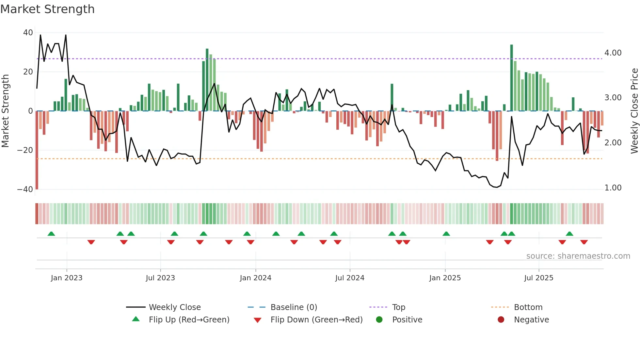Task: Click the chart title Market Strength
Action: click(47, 9)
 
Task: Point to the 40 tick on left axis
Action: click(28, 33)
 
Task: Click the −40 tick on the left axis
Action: click(25, 189)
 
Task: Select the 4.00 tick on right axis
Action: click(613, 53)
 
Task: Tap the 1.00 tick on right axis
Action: click(613, 188)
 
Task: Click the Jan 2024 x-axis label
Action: click(255, 278)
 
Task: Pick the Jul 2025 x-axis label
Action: click(538, 278)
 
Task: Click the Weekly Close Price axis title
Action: click(634, 111)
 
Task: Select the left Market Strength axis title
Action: click(5, 111)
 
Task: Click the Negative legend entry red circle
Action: click(501, 320)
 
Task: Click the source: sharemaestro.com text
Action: click(578, 256)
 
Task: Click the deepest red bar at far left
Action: click(37, 150)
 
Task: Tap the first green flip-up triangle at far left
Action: click(51, 234)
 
